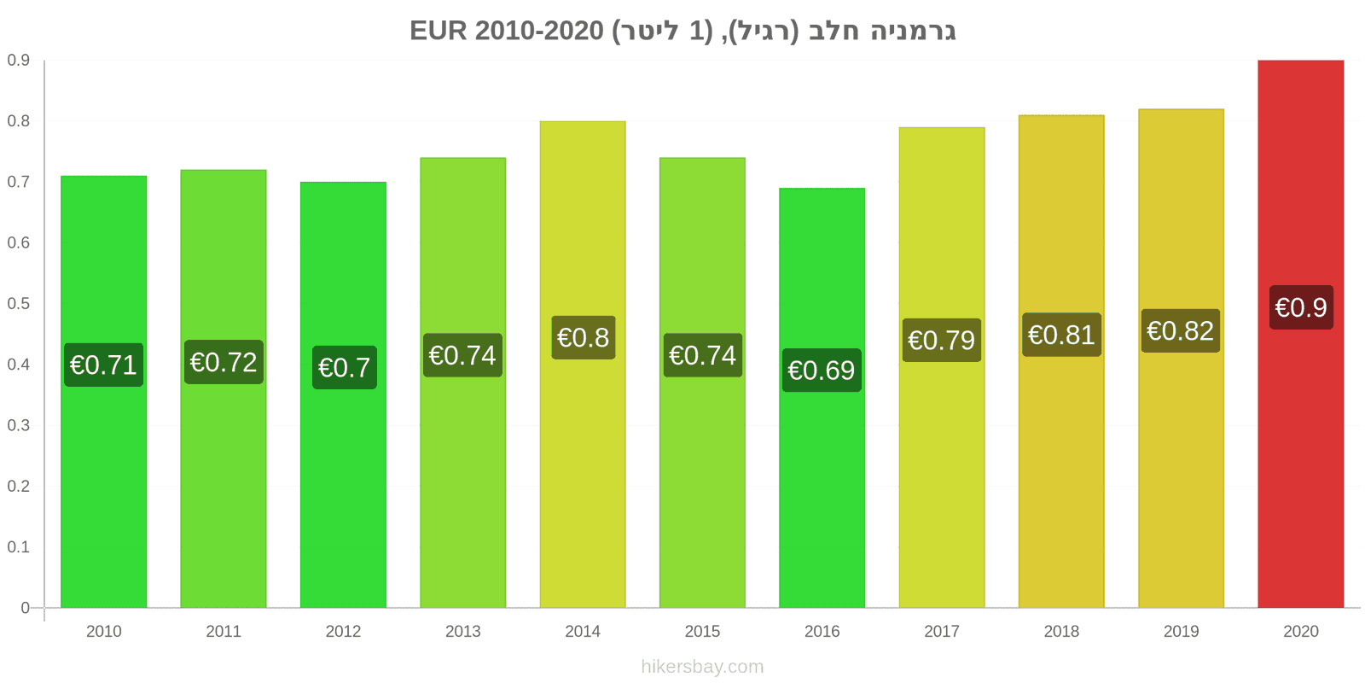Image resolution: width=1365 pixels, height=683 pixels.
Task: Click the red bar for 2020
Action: (x=1300, y=334)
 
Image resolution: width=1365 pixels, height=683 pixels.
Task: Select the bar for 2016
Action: (x=822, y=398)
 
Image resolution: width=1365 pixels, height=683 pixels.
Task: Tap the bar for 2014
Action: (x=583, y=364)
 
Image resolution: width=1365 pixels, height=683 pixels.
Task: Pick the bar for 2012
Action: (x=343, y=394)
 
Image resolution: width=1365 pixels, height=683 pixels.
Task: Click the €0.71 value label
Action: (x=103, y=365)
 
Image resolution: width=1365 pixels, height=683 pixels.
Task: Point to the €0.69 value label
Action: (x=822, y=371)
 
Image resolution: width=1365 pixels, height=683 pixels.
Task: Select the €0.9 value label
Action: (x=1301, y=307)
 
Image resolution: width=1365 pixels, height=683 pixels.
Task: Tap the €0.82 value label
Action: (x=1181, y=330)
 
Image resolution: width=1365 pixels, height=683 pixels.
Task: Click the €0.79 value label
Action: (x=942, y=340)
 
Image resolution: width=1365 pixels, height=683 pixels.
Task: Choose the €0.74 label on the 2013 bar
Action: (x=462, y=355)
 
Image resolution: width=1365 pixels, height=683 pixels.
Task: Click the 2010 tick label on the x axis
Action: (x=103, y=631)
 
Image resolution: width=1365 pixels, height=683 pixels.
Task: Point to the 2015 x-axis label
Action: (x=702, y=631)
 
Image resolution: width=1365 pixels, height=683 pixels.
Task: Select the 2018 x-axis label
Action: (x=1061, y=631)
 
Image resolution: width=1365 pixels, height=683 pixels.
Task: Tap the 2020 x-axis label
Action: (x=1300, y=631)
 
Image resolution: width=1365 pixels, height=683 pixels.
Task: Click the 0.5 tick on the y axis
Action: (x=18, y=304)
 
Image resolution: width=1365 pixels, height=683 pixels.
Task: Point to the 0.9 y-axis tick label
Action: (x=18, y=60)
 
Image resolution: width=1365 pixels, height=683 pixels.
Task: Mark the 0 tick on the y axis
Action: (x=25, y=607)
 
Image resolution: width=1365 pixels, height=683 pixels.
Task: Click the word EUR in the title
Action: (x=439, y=31)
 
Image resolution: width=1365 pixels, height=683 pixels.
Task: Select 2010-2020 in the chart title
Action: (x=539, y=31)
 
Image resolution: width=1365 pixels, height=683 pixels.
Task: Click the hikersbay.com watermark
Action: (x=702, y=667)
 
